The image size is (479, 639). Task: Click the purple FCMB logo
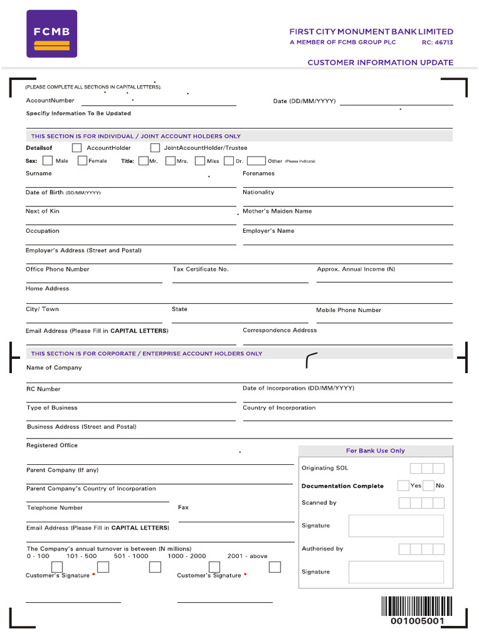(x=52, y=34)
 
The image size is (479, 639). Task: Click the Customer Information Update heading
(x=380, y=62)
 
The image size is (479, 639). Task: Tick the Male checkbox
(x=47, y=160)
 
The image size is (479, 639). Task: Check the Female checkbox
(x=82, y=160)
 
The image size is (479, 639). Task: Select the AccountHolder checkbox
(x=77, y=148)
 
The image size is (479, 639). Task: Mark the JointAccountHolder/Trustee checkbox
(x=155, y=148)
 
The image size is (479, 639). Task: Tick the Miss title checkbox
(x=200, y=160)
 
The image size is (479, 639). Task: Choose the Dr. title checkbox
(x=228, y=160)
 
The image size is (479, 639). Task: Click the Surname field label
(x=39, y=173)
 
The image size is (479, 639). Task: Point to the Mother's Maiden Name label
(x=277, y=211)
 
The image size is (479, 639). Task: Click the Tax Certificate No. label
(x=200, y=269)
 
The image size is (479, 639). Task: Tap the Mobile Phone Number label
(x=348, y=310)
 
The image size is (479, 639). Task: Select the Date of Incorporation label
(x=298, y=388)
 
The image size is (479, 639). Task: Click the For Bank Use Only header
(x=375, y=451)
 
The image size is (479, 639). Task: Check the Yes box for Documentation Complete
(x=403, y=485)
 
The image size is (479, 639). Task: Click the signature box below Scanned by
(x=396, y=525)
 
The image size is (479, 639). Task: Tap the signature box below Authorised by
(x=396, y=572)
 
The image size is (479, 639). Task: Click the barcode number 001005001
(x=417, y=622)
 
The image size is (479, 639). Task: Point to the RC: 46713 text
(x=437, y=42)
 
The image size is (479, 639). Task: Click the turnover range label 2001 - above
(x=247, y=555)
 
